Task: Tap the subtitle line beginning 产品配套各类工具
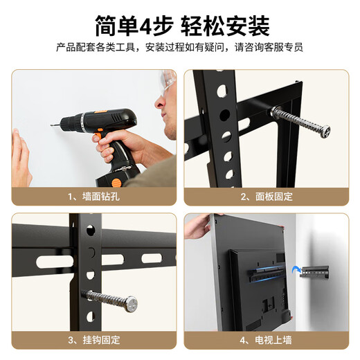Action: tap(179, 48)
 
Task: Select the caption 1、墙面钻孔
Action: tap(94, 196)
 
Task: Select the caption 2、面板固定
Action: tap(266, 196)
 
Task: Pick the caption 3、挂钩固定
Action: tap(94, 340)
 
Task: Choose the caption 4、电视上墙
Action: tap(266, 340)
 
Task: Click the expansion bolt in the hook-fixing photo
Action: tap(111, 299)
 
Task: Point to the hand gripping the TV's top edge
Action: tap(199, 223)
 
